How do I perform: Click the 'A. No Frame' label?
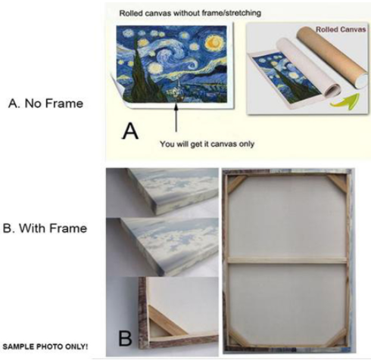[45, 104]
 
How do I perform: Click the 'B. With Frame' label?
[45, 228]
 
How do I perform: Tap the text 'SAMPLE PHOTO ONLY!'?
[45, 346]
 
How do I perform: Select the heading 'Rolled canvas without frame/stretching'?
[190, 13]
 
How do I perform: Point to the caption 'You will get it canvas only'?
[207, 144]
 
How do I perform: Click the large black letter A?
[130, 132]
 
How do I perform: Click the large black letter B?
[125, 338]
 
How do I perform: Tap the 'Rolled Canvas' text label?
[341, 29]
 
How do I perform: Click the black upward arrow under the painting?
[176, 117]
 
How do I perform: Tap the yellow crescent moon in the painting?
[215, 42]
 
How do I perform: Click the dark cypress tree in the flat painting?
[142, 70]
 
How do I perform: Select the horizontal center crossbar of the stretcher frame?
[287, 260]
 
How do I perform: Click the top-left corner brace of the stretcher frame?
[237, 185]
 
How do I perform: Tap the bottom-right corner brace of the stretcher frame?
[337, 337]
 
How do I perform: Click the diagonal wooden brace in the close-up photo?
[166, 320]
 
